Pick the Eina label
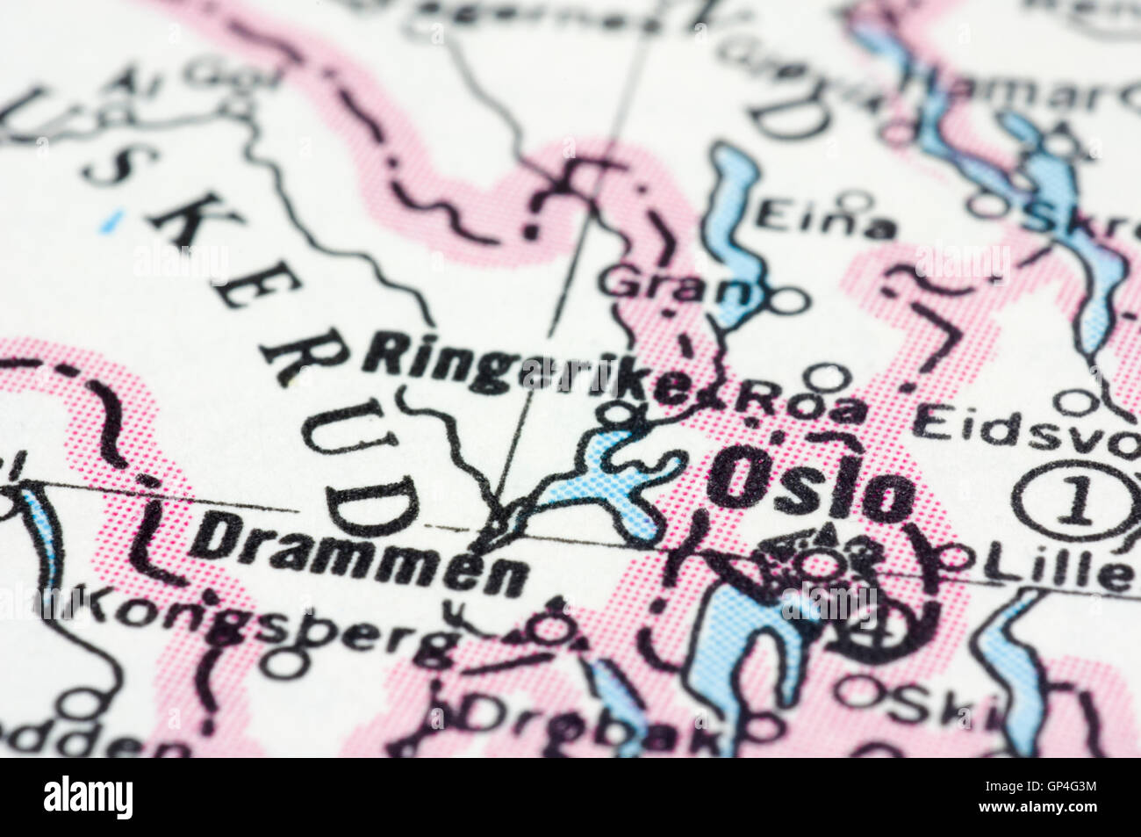(x=826, y=219)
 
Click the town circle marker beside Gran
(x=788, y=300)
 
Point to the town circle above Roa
(x=825, y=376)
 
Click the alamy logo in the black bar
(x=89, y=797)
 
